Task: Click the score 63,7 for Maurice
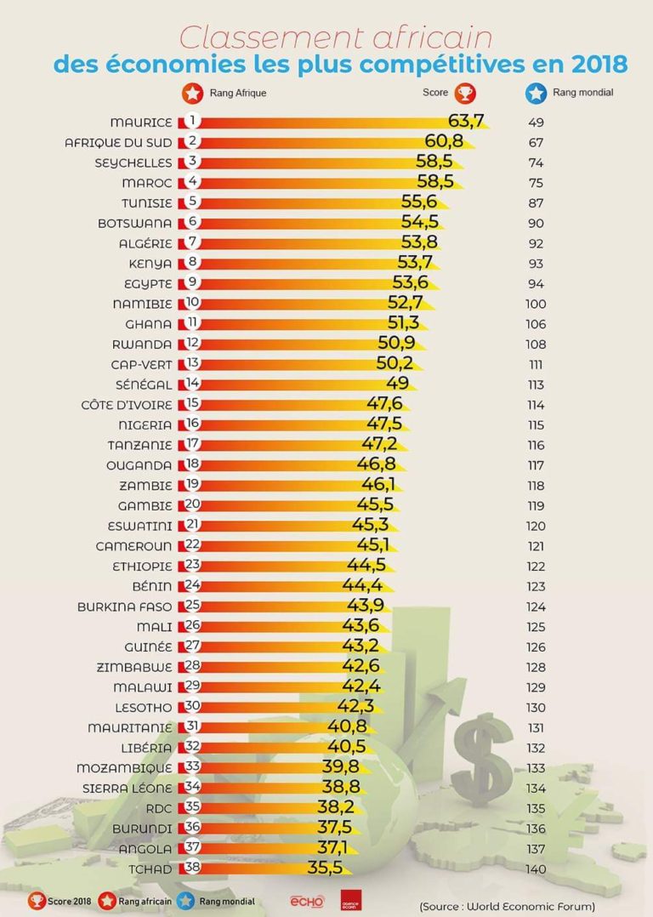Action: point(465,122)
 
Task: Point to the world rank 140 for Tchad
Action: point(536,869)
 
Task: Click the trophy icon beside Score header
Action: point(465,93)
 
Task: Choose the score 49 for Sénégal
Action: point(397,384)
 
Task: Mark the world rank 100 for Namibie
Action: point(536,304)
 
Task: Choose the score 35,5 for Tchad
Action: point(323,869)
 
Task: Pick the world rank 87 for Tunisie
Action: point(536,203)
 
